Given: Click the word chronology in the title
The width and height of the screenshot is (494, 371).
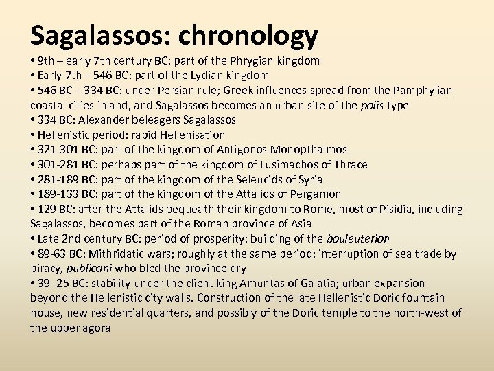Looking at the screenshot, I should pyautogui.click(x=250, y=34).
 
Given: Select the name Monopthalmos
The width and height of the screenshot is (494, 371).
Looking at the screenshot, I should pyautogui.click(x=309, y=150).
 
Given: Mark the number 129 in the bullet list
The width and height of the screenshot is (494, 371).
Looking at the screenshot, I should pyautogui.click(x=47, y=209).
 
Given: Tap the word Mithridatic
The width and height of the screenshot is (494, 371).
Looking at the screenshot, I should pyautogui.click(x=121, y=254).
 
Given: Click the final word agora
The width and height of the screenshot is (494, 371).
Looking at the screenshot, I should pyautogui.click(x=97, y=328).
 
